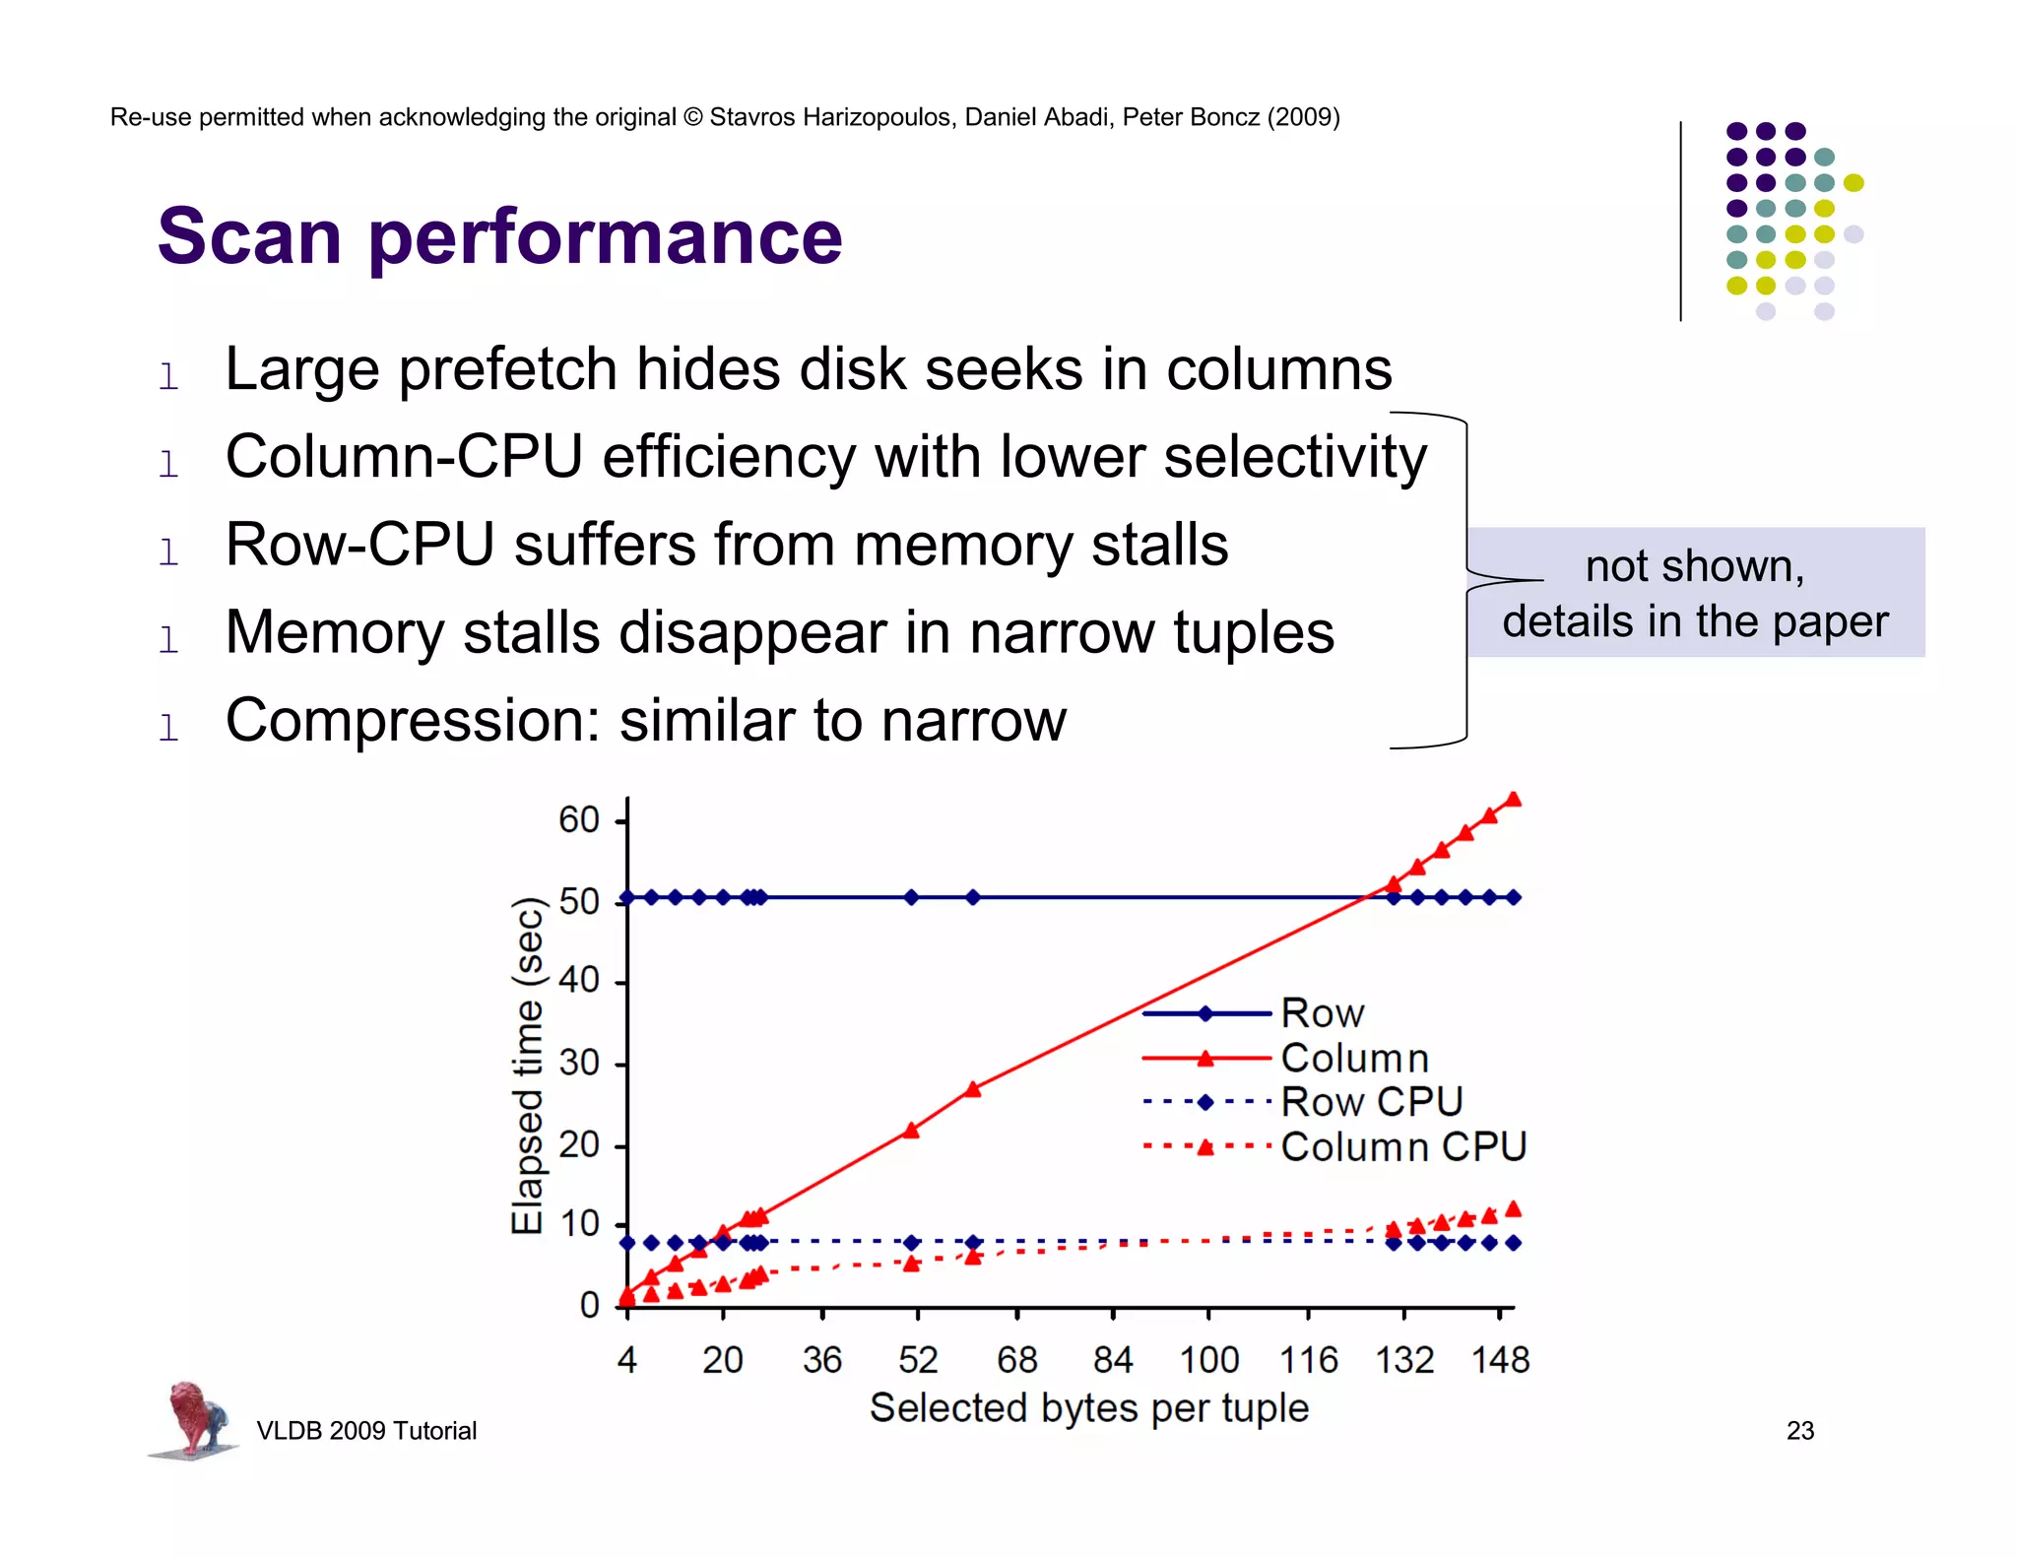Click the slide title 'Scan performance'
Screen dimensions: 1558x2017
499,237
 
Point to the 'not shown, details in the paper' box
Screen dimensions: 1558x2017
1695,593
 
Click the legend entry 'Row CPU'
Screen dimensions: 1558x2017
1371,1102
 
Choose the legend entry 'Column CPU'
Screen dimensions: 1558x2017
1402,1147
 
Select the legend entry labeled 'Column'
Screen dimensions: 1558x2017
1354,1059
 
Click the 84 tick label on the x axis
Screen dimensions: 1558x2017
1113,1361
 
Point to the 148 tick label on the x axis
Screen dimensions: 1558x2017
1499,1361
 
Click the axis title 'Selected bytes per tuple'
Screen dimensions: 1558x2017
1088,1408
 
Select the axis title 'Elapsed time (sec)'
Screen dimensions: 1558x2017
528,1066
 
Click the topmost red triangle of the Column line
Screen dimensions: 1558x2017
1514,800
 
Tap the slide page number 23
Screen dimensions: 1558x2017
1799,1431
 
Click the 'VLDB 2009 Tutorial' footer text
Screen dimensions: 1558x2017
366,1431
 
